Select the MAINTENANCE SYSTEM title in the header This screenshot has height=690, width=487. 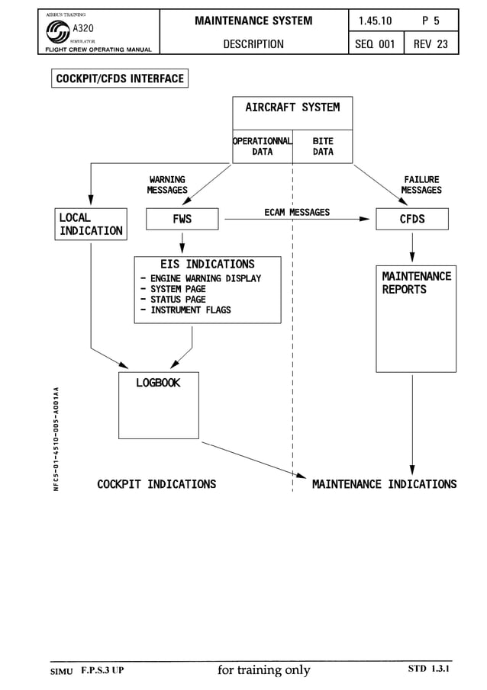(x=253, y=21)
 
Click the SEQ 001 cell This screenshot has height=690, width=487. (x=375, y=44)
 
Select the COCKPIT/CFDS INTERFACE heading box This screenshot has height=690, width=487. (x=120, y=79)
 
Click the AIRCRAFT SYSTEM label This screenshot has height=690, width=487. (x=292, y=108)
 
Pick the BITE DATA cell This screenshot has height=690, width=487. (x=323, y=146)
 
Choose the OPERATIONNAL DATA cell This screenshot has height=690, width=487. (x=263, y=146)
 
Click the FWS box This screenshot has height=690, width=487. (x=182, y=219)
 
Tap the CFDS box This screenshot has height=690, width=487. (x=412, y=219)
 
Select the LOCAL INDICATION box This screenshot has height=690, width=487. (x=91, y=224)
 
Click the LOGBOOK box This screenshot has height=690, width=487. (x=159, y=405)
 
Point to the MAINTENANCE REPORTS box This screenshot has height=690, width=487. (x=416, y=319)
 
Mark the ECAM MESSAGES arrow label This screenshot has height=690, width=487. (x=297, y=212)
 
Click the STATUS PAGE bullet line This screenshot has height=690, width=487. (x=177, y=300)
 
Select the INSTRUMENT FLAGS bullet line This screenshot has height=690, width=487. (x=189, y=310)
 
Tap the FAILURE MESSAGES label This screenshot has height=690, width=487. (x=421, y=185)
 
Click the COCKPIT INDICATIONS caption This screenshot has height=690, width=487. (x=156, y=484)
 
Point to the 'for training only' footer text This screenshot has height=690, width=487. (x=264, y=670)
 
